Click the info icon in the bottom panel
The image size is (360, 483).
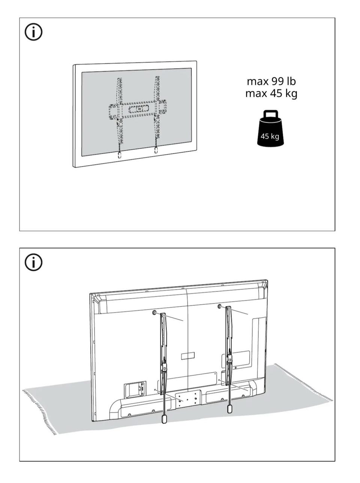(33, 262)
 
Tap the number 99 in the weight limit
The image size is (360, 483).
(277, 81)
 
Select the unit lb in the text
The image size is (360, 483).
(291, 81)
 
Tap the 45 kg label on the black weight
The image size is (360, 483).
(270, 136)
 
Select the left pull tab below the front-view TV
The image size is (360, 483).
(119, 155)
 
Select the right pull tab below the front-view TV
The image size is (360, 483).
(156, 150)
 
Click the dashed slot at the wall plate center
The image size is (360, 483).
(139, 109)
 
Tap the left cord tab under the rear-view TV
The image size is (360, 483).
(165, 419)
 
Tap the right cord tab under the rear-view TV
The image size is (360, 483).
(229, 409)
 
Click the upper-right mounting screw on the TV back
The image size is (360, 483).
(219, 307)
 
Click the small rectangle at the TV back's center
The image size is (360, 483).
(188, 356)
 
